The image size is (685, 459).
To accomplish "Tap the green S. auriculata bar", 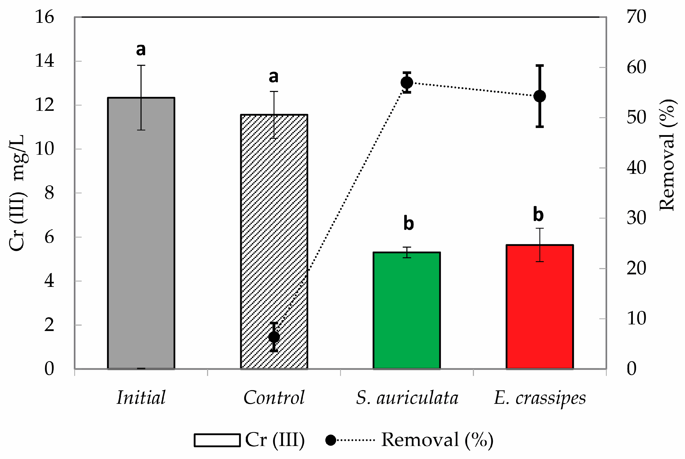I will [x=406, y=310].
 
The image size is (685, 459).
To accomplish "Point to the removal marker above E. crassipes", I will [x=540, y=96].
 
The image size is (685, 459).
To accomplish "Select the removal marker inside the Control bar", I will [x=274, y=337].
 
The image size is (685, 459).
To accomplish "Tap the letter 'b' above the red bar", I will [x=538, y=215].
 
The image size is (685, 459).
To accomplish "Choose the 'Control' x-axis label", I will [x=274, y=397].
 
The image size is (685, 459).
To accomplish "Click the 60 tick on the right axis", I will [x=636, y=67].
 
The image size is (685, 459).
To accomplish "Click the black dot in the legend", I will [x=331, y=440].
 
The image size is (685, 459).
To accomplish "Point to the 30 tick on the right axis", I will [x=636, y=218].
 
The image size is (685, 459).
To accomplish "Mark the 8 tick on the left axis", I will [x=49, y=193].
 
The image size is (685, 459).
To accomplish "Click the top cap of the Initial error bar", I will [x=141, y=65].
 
